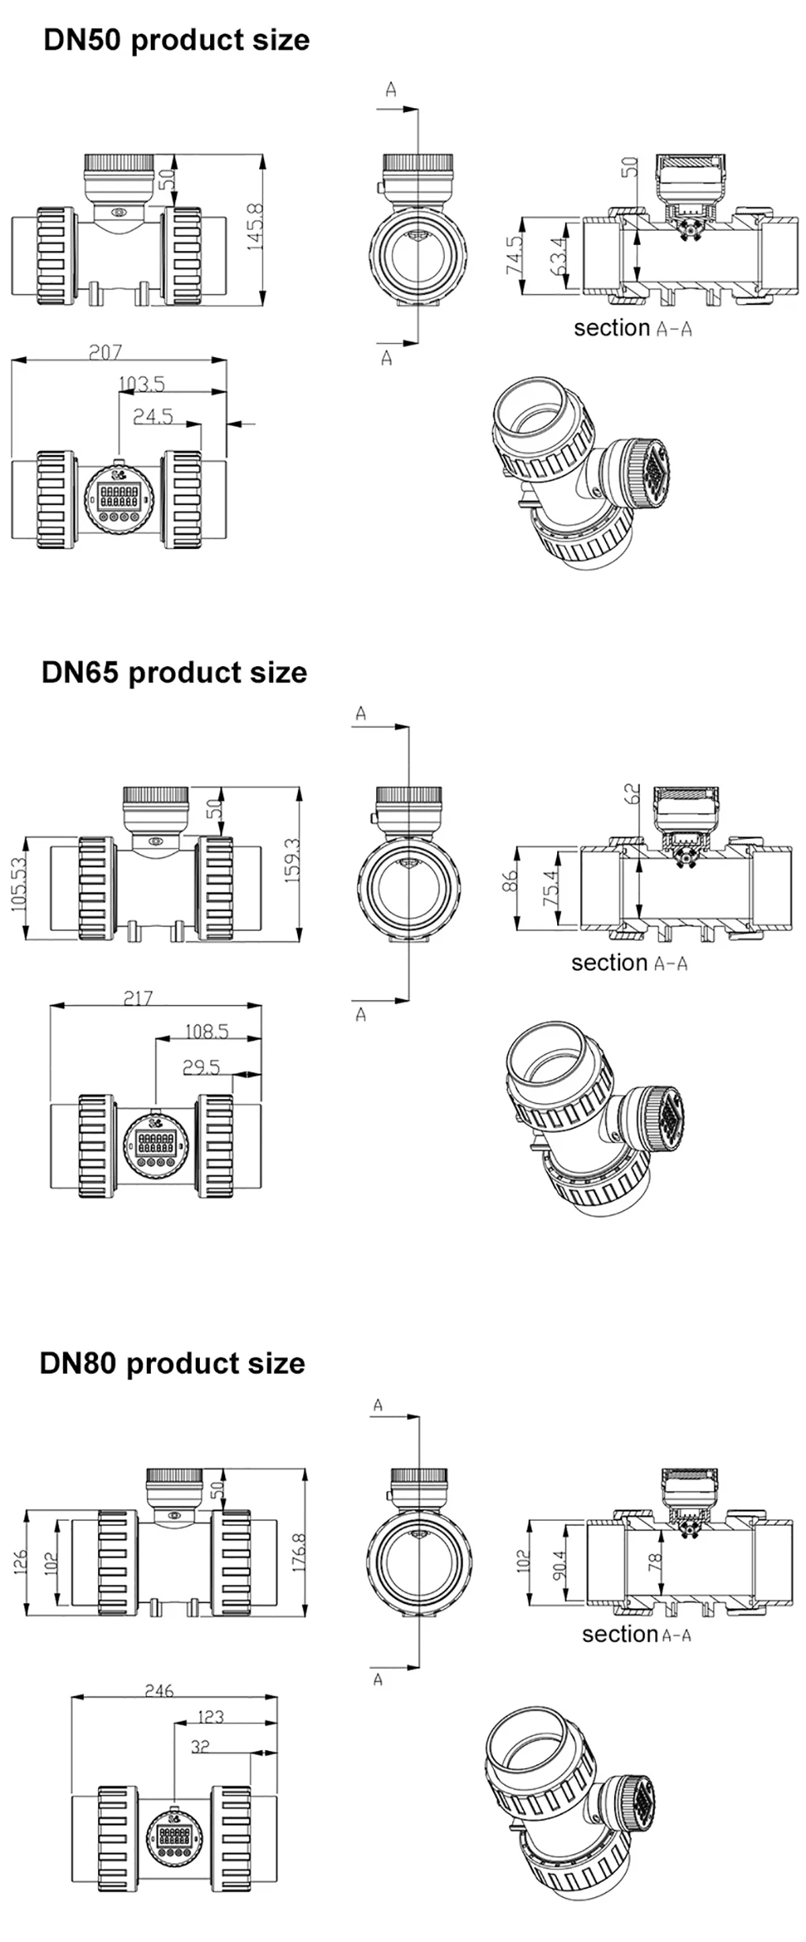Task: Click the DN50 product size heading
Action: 176,40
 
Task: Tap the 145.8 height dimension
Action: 255,228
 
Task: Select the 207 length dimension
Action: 105,352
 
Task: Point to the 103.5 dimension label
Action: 141,384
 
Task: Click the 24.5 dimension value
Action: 153,416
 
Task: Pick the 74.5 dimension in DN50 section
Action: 514,255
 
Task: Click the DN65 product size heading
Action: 174,672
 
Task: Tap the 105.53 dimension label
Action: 19,884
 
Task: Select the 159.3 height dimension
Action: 293,860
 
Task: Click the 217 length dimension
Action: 137,998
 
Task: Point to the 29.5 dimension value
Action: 201,1067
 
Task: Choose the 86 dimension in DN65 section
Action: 510,881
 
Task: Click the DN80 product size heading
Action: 172,1363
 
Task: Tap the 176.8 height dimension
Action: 299,1552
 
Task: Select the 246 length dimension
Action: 159,1691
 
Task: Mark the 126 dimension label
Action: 21,1561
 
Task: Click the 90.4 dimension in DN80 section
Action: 559,1564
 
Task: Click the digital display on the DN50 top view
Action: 119,497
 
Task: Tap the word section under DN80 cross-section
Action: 620,1634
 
